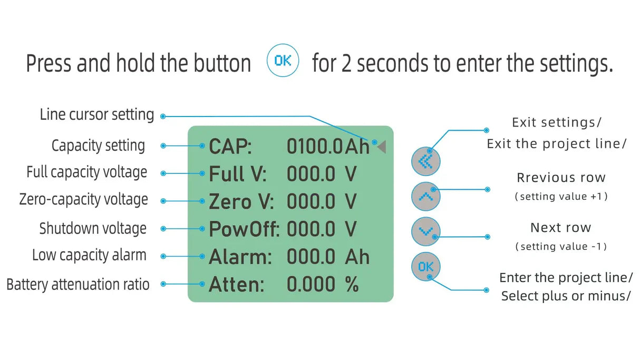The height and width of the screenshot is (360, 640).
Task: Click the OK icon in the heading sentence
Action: [283, 61]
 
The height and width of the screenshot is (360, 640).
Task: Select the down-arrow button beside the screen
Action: [425, 231]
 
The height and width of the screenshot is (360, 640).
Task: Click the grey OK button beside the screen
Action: [425, 266]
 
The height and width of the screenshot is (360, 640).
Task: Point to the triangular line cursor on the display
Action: [382, 147]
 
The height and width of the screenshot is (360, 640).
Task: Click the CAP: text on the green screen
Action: [230, 147]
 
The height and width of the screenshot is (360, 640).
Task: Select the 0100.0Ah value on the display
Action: [328, 147]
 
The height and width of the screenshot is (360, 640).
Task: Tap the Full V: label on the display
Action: [238, 174]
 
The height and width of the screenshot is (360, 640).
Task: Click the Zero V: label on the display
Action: [240, 201]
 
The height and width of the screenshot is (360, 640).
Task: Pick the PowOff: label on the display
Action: [245, 229]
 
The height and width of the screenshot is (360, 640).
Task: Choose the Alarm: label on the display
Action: [240, 257]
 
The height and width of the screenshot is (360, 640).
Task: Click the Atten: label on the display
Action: [236, 285]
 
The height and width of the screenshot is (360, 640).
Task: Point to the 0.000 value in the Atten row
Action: [311, 285]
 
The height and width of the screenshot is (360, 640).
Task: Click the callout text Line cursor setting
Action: [97, 114]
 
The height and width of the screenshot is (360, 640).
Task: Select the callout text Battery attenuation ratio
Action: [78, 285]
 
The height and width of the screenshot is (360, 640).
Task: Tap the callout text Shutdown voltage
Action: [93, 229]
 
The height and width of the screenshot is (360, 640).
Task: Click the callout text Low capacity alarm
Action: [89, 256]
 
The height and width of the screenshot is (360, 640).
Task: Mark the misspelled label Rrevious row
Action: [561, 178]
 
